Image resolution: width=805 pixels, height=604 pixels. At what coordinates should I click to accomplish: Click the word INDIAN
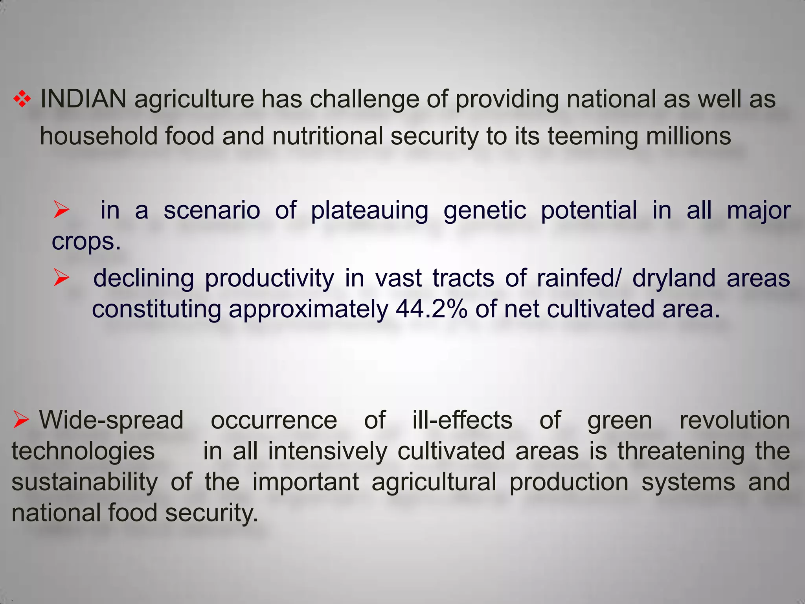83,99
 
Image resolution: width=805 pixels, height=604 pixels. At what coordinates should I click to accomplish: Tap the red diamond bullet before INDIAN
22,99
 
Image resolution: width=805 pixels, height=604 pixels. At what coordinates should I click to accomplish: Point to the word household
98,136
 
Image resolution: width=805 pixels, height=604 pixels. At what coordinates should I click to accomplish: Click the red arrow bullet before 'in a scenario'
61,210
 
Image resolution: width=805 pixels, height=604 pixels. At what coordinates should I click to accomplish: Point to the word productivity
269,278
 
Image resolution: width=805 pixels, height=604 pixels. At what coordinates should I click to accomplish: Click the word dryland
674,278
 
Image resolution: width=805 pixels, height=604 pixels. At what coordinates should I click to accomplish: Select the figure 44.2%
432,309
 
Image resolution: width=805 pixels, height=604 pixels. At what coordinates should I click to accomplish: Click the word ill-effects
462,420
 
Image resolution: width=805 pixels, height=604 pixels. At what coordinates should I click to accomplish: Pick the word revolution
735,420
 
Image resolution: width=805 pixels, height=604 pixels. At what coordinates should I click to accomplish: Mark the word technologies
83,451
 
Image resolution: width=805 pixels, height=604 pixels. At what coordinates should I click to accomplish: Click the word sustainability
85,482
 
